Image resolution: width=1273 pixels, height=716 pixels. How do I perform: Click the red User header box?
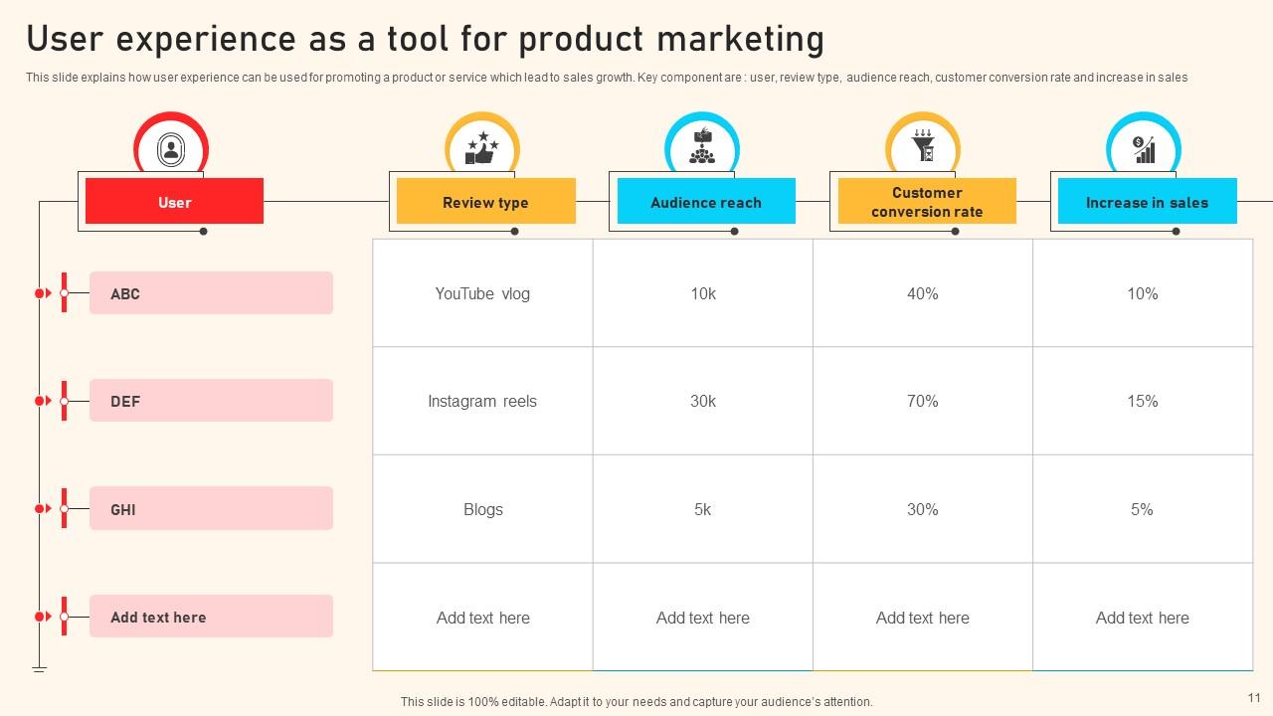click(174, 201)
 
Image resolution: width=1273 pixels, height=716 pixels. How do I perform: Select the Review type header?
click(486, 201)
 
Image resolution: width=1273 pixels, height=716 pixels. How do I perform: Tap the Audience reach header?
click(706, 201)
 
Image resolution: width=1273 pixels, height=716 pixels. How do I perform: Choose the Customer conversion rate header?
click(927, 201)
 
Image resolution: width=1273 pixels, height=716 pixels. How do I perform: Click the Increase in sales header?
click(1148, 201)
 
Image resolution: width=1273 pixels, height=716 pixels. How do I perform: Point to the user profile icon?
click(171, 149)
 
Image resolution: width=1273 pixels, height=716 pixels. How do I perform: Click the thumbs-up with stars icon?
click(482, 148)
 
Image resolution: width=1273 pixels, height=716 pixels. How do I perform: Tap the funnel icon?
click(923, 145)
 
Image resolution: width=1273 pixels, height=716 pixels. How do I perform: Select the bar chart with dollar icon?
click(1144, 149)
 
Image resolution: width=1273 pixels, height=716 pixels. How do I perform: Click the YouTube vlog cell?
click(482, 293)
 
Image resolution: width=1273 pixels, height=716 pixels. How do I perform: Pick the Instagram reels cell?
click(482, 401)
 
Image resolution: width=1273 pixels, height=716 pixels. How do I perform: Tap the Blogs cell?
click(482, 509)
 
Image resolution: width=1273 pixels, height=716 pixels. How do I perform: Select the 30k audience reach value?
click(703, 401)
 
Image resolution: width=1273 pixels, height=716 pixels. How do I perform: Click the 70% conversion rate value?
click(922, 401)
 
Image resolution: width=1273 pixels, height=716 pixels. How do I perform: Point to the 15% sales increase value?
click(1143, 401)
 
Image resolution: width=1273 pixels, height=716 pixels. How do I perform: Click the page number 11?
click(1254, 698)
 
